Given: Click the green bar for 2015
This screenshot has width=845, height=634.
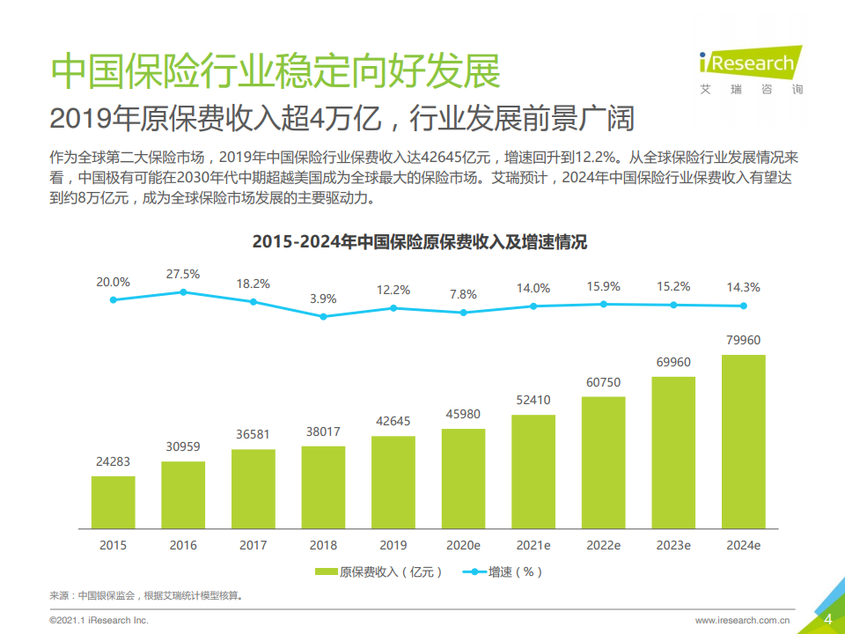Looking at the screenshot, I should [x=114, y=502].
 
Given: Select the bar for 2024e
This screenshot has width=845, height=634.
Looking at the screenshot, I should [x=743, y=441].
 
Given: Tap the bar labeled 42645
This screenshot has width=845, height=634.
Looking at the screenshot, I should [x=393, y=482].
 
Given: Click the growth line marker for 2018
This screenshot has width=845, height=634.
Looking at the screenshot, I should [x=323, y=316].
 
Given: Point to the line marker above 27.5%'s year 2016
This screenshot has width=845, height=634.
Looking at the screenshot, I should [x=183, y=291].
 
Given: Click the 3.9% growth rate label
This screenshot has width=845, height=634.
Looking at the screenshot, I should [x=323, y=299].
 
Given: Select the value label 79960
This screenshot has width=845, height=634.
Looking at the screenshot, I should [x=743, y=340].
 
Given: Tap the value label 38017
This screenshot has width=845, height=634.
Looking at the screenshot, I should [x=323, y=431].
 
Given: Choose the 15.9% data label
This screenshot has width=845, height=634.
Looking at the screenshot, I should [x=603, y=286].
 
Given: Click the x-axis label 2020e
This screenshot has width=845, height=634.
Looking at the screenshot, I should [x=463, y=545].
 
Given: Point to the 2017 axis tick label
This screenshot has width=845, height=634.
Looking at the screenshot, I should [x=253, y=545].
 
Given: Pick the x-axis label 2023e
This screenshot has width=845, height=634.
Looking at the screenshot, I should [x=673, y=545].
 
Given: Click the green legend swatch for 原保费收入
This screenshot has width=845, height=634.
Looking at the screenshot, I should [x=324, y=571].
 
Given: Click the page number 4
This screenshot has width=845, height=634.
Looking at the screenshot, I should [x=827, y=619].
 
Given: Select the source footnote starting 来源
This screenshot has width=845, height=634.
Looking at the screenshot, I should [x=145, y=595].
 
